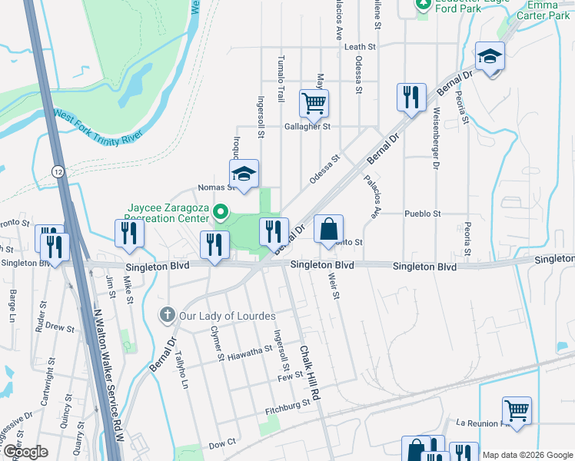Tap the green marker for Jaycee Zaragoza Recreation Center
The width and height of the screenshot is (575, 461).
(x=221, y=211)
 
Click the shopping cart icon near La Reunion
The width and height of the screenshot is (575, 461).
(x=517, y=410)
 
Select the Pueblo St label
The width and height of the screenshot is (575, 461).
(x=423, y=214)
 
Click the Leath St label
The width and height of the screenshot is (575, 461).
(x=360, y=47)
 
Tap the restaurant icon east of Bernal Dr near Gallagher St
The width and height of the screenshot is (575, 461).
(x=411, y=97)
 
